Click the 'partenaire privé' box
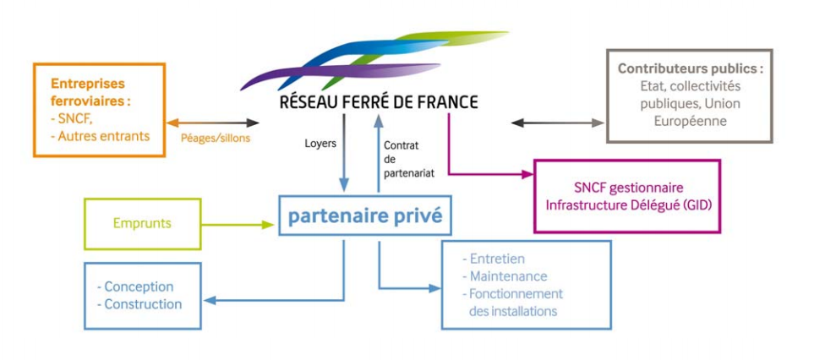tap(364, 215)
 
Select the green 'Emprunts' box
tap(142, 224)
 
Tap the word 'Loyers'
tap(320, 143)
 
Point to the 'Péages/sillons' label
tap(215, 138)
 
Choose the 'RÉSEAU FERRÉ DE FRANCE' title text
tap(379, 102)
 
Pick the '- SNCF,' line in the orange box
tap(71, 119)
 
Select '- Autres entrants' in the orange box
tap(100, 136)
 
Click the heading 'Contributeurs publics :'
tap(690, 69)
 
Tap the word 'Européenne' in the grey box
tap(690, 122)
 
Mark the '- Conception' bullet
tap(135, 287)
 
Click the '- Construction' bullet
tap(139, 304)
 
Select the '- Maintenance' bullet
tap(505, 276)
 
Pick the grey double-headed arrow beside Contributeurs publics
tap(558, 123)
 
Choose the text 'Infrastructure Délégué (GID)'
tap(627, 205)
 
